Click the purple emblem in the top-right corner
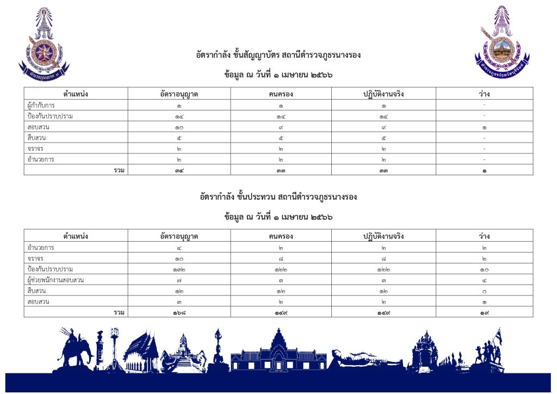[502, 39]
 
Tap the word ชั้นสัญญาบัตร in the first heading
[256, 55]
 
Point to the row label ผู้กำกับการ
[44, 105]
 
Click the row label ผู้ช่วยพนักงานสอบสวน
[56, 280]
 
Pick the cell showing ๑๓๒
[179, 269]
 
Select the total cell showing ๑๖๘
[179, 312]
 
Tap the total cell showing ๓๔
[179, 170]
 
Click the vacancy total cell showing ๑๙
[484, 312]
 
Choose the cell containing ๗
[179, 280]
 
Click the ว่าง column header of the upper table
[484, 94]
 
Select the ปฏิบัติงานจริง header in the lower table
[383, 236]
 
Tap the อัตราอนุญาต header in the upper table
[179, 94]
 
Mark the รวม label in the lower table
[119, 312]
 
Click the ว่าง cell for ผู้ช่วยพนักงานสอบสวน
[484, 280]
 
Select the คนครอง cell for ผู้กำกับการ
[281, 105]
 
